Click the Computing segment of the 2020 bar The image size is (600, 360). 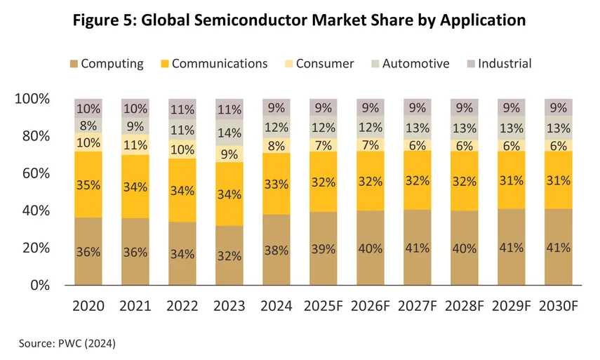click(88, 251)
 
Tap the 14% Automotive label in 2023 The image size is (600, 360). click(229, 132)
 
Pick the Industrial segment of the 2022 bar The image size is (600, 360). click(182, 109)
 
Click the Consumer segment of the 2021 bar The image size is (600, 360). click(135, 145)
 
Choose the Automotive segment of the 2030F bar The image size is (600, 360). click(559, 127)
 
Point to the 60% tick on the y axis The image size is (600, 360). click(33, 173)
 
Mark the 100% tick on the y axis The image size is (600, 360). click(31, 99)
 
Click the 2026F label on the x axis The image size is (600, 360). click(370, 306)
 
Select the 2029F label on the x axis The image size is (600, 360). click(512, 306)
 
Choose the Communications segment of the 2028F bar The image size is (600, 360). click(464, 181)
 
